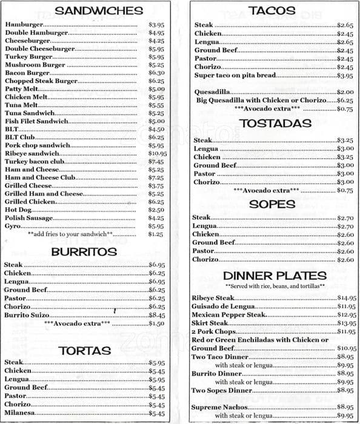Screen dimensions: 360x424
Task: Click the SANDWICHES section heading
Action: pos(99,10)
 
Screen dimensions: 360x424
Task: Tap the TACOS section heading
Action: pos(272,10)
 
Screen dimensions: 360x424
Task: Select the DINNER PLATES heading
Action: pos(275,276)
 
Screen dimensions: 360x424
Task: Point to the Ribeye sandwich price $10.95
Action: pos(156,154)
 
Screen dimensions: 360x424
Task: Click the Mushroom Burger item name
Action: pos(35,65)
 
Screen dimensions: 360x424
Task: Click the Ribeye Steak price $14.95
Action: pos(346,298)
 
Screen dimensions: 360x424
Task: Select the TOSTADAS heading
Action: pos(275,124)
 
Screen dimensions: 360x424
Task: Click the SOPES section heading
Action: pos(272,204)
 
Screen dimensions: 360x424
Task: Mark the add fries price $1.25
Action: pos(156,234)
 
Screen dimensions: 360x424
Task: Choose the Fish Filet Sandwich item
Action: pos(36,121)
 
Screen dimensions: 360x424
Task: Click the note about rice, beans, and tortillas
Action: pos(275,286)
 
